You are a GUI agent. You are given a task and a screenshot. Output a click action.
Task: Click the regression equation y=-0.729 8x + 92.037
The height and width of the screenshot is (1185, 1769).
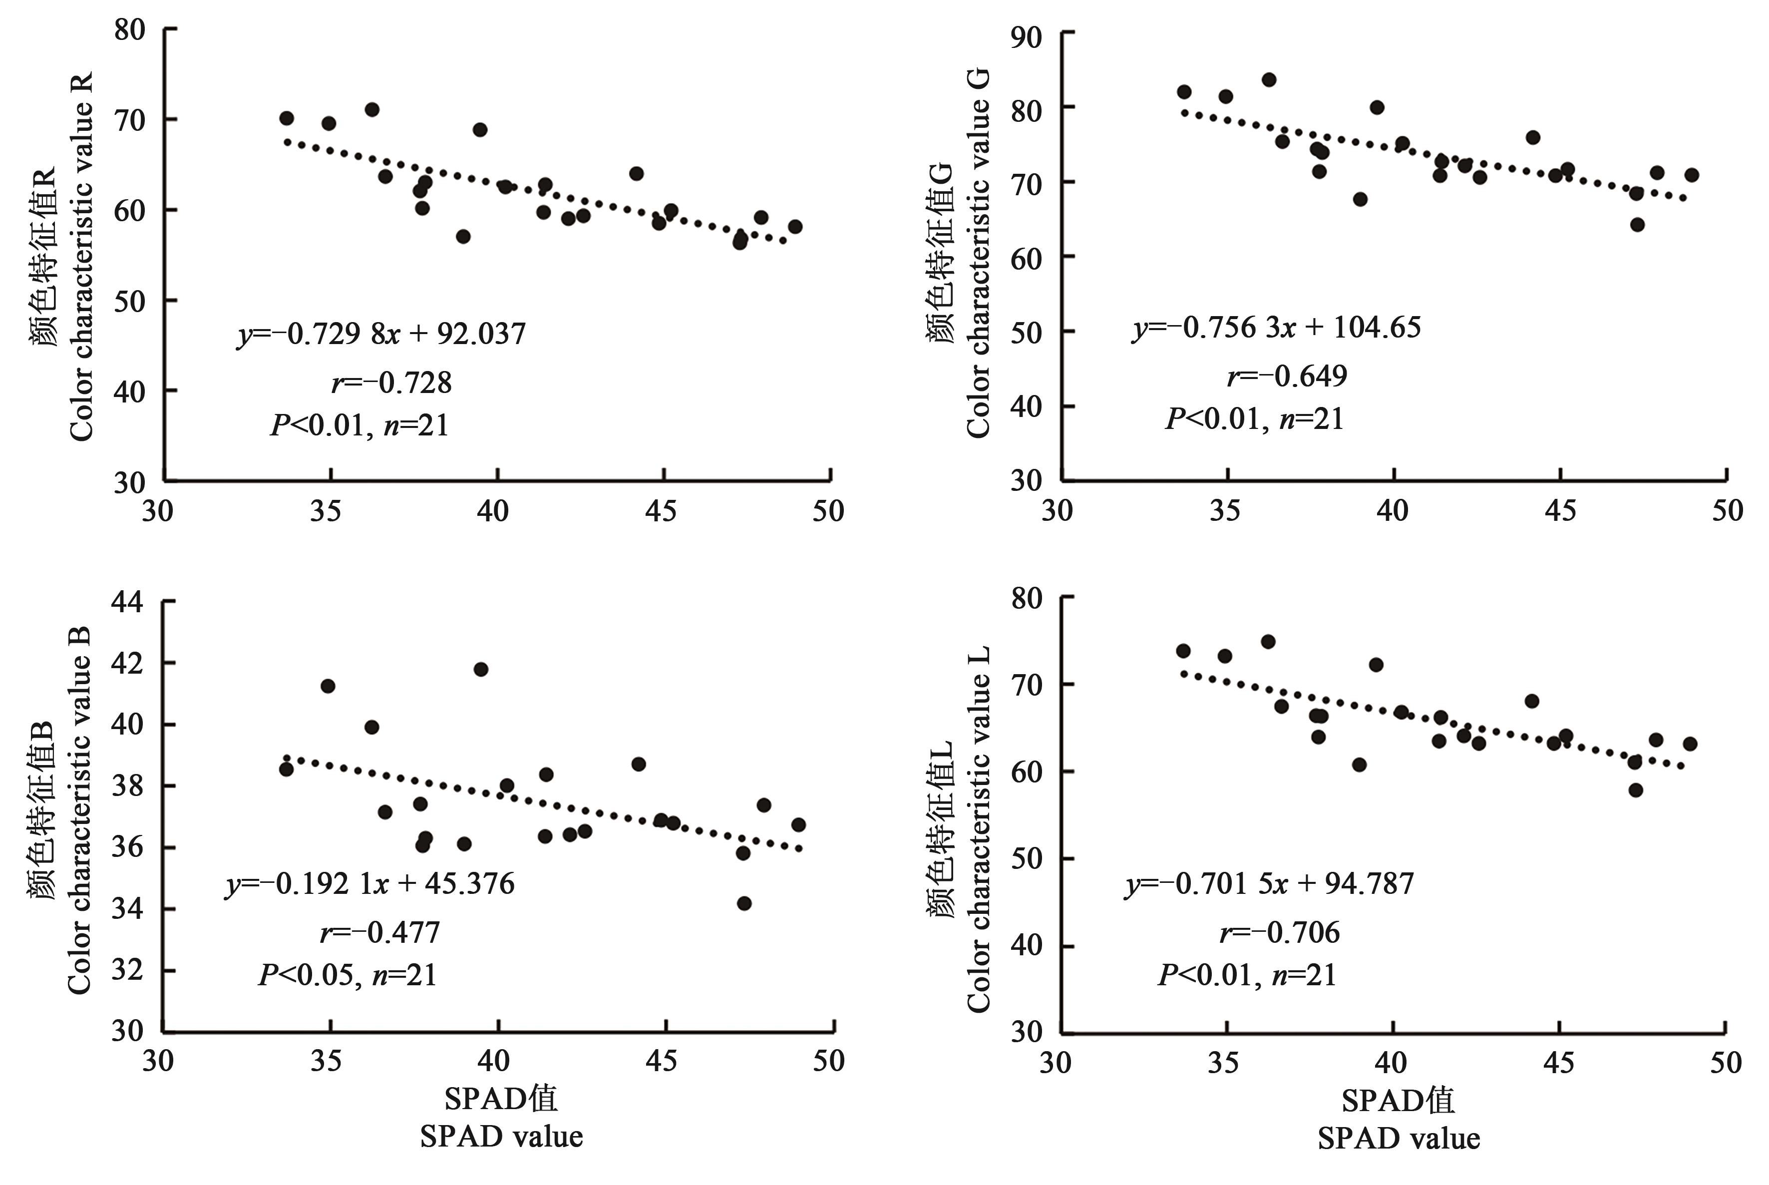(x=381, y=333)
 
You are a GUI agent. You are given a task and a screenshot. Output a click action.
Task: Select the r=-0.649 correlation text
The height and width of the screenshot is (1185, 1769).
(x=1287, y=376)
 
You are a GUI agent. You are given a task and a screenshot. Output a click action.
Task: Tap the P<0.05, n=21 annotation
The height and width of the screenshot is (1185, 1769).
(x=348, y=975)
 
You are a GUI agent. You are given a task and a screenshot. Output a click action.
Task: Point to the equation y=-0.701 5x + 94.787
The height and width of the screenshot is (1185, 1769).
(x=1270, y=883)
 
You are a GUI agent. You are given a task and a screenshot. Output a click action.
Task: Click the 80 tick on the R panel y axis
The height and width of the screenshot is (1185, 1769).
(x=129, y=30)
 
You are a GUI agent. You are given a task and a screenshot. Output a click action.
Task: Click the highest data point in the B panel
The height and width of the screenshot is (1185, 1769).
(x=481, y=670)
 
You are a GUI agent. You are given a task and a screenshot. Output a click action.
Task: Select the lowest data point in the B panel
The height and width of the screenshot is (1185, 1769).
(x=744, y=903)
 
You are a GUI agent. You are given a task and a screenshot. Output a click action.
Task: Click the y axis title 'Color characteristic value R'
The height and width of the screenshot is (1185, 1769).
(x=81, y=257)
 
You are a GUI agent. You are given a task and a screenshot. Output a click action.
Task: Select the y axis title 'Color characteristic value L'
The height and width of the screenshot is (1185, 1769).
(x=978, y=829)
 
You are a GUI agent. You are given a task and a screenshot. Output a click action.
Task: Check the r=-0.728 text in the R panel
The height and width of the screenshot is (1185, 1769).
(x=391, y=383)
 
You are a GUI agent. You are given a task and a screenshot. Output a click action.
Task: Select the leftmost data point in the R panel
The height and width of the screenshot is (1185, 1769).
(x=287, y=119)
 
